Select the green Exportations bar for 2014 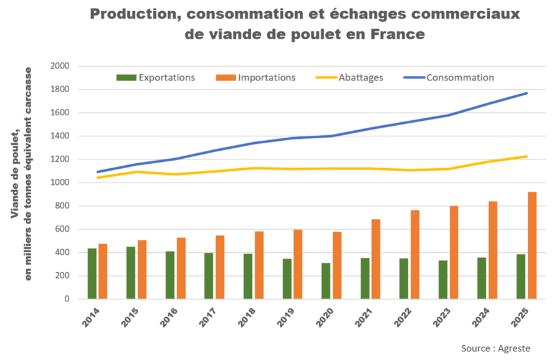click(x=92, y=273)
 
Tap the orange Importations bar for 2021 click(x=376, y=259)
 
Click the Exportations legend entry click(x=156, y=78)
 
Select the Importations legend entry click(x=256, y=78)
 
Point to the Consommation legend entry click(x=449, y=78)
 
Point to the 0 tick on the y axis click(x=65, y=299)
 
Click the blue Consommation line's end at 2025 click(x=527, y=93)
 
